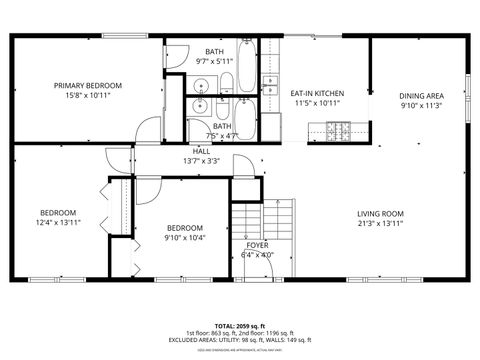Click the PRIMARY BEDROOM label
(88, 86)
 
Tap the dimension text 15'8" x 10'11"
(88, 96)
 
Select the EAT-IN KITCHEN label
(316, 94)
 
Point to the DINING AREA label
(422, 95)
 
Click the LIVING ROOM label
(380, 213)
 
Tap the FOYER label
(257, 244)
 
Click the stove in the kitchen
(339, 130)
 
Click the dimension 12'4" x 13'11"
(58, 223)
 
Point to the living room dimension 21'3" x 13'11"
(380, 223)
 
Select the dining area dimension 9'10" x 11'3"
(422, 105)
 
